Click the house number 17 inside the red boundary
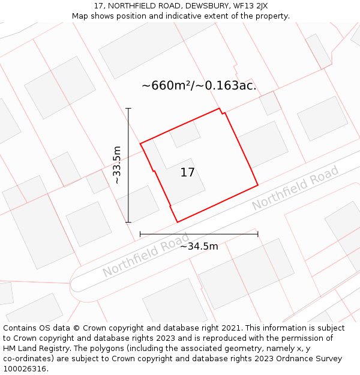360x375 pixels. click(x=187, y=173)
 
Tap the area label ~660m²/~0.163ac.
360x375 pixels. click(x=199, y=86)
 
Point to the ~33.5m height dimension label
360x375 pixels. click(x=117, y=165)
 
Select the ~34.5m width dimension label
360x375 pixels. click(x=199, y=246)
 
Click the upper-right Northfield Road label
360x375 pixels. click(x=295, y=188)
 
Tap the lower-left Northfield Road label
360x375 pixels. click(x=146, y=254)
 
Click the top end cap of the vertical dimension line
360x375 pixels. click(x=128, y=109)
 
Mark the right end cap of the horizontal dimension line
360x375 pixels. click(x=258, y=234)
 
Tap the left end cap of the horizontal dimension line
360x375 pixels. click(x=140, y=234)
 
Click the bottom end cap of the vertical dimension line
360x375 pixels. click(x=128, y=222)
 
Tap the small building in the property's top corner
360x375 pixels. click(x=184, y=134)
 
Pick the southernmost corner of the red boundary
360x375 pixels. click(x=178, y=222)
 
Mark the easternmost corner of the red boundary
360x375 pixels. click(x=258, y=185)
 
